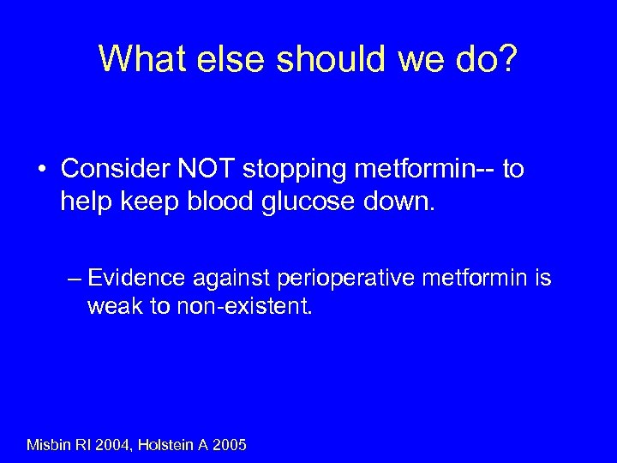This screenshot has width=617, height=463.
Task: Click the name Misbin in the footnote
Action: (51, 444)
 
